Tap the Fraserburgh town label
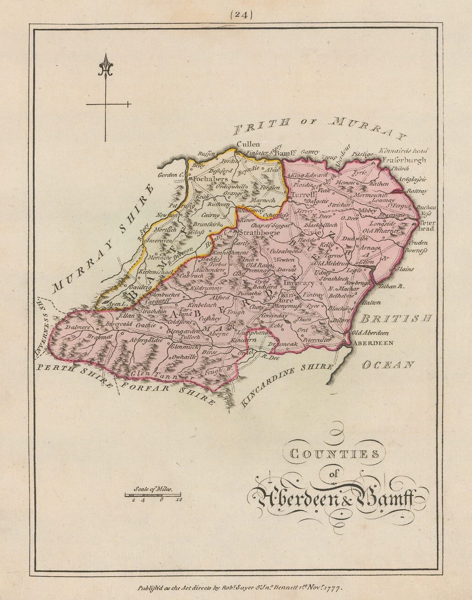point(405,160)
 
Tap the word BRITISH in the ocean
point(396,319)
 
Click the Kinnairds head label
point(403,151)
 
